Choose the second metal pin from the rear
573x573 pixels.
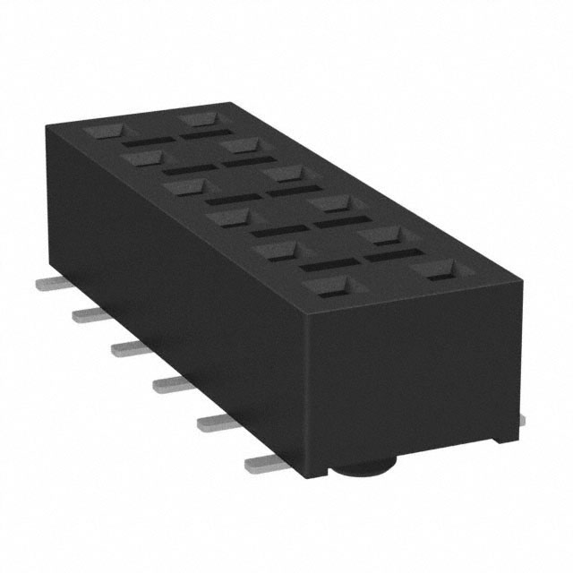(x=86, y=313)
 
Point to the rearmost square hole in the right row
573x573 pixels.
(x=197, y=117)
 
